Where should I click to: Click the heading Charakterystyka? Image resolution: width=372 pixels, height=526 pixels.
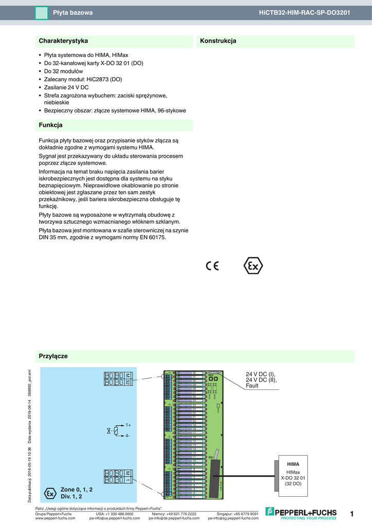63,41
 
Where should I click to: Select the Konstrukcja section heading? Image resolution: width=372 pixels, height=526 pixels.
218,41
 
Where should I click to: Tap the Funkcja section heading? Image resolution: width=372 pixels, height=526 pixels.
50,125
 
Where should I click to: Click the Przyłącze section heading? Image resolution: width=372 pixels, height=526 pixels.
53,356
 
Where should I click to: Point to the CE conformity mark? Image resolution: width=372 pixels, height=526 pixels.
212,266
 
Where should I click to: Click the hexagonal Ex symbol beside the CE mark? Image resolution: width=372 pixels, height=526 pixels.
252,266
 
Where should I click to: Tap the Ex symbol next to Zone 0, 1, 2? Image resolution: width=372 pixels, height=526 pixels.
50,493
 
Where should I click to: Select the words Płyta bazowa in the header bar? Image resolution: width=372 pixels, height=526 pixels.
73,12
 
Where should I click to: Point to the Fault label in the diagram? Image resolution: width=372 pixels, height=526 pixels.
252,386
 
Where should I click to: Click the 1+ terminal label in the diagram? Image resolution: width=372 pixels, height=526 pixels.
128,425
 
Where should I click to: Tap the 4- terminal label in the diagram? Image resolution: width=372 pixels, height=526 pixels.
127,436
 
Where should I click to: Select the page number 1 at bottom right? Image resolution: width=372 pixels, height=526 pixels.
351,514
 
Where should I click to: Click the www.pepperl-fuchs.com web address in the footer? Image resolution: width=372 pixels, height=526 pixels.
55,518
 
